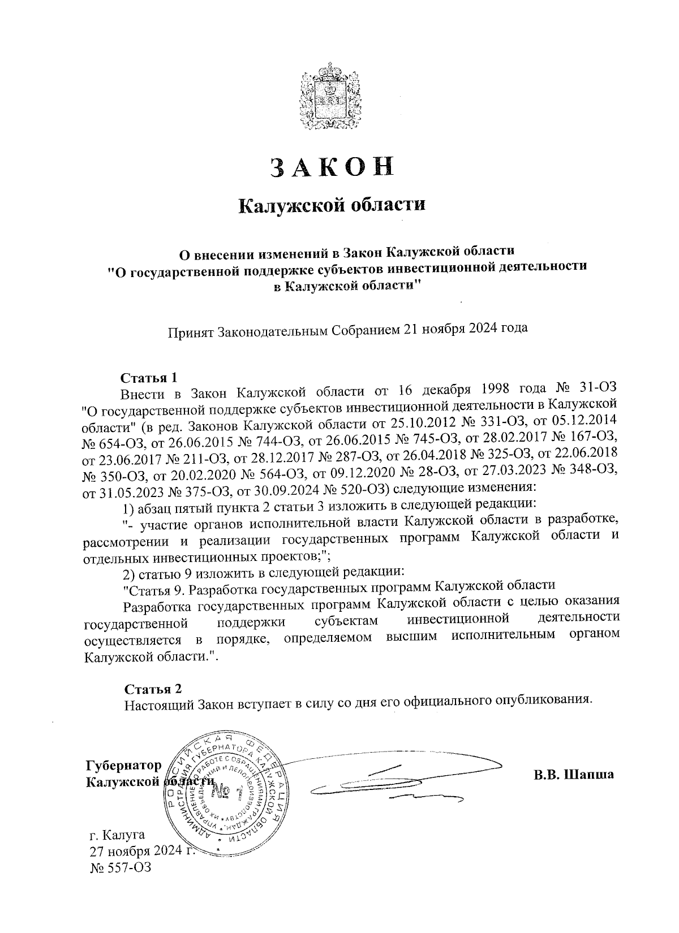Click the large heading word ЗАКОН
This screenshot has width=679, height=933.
click(x=331, y=167)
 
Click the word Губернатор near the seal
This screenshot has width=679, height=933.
click(x=123, y=766)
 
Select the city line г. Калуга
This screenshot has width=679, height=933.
click(x=118, y=835)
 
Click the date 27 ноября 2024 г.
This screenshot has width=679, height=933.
click(x=141, y=850)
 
